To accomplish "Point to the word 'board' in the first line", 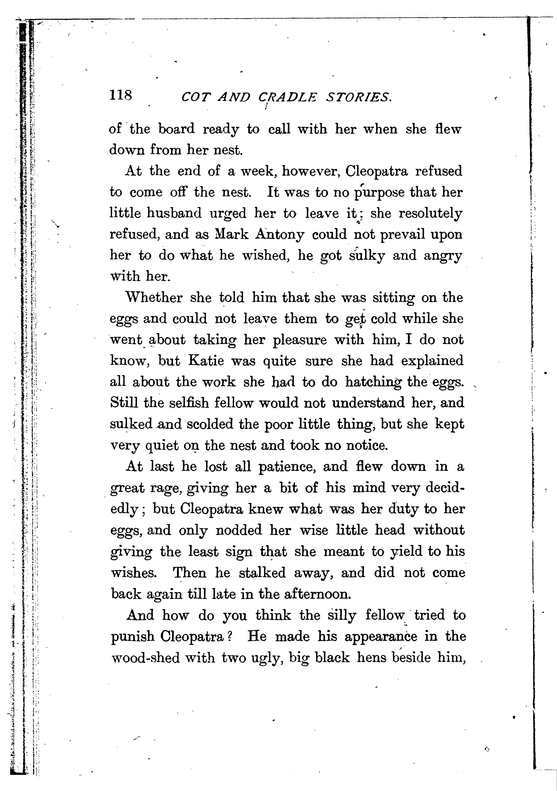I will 176,129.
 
